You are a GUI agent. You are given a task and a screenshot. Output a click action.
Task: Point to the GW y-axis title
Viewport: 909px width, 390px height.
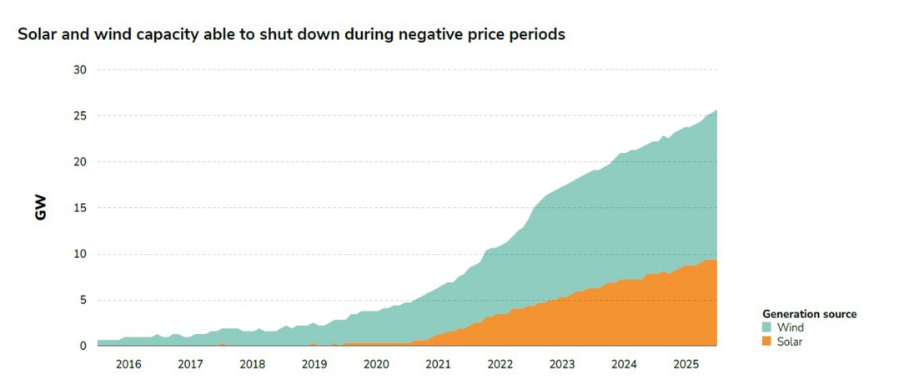tap(41, 208)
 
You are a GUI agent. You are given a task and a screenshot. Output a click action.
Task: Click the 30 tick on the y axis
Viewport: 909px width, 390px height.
tap(79, 70)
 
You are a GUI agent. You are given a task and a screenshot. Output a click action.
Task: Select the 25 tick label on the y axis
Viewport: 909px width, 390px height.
tap(79, 116)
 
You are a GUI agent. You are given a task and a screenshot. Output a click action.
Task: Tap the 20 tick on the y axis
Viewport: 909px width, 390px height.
tap(79, 162)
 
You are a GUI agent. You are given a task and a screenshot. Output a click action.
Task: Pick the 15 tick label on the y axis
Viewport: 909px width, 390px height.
tap(79, 208)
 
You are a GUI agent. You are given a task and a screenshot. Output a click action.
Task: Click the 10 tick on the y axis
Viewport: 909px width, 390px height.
tap(79, 254)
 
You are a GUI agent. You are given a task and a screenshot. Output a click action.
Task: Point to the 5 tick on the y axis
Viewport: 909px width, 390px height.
tap(83, 300)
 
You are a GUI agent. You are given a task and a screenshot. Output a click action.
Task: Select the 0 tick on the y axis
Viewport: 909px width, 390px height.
tap(83, 346)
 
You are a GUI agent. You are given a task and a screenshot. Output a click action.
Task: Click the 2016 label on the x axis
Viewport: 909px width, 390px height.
tap(128, 364)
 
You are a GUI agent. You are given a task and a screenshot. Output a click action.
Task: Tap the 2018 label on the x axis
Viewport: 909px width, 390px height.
tap(253, 364)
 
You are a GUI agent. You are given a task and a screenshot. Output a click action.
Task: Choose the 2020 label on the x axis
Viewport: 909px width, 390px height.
tap(376, 364)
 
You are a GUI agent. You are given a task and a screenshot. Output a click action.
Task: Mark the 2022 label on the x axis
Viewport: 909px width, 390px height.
tap(500, 364)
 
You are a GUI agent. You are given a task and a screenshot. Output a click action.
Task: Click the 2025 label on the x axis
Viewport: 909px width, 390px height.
tap(686, 364)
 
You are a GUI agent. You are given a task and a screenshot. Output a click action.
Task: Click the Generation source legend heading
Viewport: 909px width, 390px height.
tap(809, 314)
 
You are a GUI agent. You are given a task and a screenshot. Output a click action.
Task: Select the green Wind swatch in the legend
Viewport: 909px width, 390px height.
tap(767, 328)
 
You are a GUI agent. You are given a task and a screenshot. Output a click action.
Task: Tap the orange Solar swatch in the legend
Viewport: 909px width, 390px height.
tap(767, 341)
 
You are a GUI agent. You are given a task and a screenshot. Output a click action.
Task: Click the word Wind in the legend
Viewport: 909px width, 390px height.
tap(790, 328)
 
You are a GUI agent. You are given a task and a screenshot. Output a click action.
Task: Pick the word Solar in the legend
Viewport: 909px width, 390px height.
tap(790, 341)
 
